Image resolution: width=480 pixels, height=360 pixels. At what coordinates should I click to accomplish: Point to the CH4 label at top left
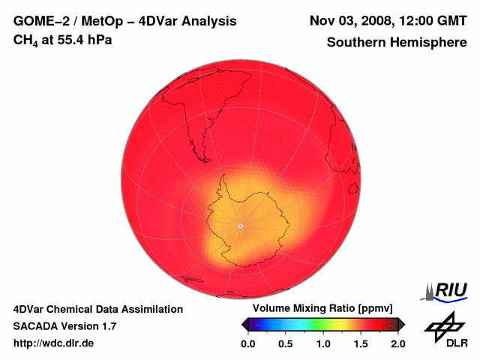point(25,40)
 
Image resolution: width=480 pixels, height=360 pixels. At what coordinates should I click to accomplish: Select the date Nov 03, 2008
point(352,21)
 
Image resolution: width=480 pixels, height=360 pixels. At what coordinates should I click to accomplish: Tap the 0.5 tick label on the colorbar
point(285,343)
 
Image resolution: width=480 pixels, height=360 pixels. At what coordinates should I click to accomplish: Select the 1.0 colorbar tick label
point(323,343)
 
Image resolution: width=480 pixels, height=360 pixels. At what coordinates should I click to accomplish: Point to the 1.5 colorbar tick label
point(361,343)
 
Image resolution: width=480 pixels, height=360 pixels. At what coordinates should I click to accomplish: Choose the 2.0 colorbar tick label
point(398,343)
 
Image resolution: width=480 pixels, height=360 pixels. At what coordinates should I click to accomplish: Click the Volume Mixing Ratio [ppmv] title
point(322,309)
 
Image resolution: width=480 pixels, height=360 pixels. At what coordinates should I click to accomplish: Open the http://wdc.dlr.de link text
point(54,343)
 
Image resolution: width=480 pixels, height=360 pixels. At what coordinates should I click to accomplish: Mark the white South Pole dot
point(240,226)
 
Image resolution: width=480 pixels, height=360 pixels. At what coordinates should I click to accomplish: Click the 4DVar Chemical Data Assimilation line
point(98,309)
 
